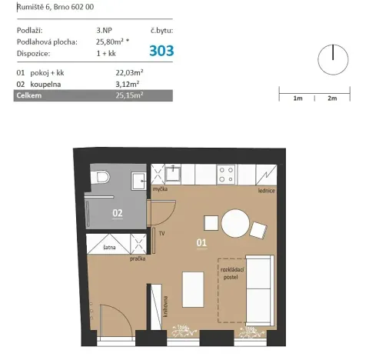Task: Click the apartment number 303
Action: pyautogui.click(x=161, y=51)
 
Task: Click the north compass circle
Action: pyautogui.click(x=332, y=58)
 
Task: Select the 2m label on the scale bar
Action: pyautogui.click(x=332, y=99)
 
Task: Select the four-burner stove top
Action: pyautogui.click(x=227, y=175)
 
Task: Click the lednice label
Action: pyautogui.click(x=267, y=190)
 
